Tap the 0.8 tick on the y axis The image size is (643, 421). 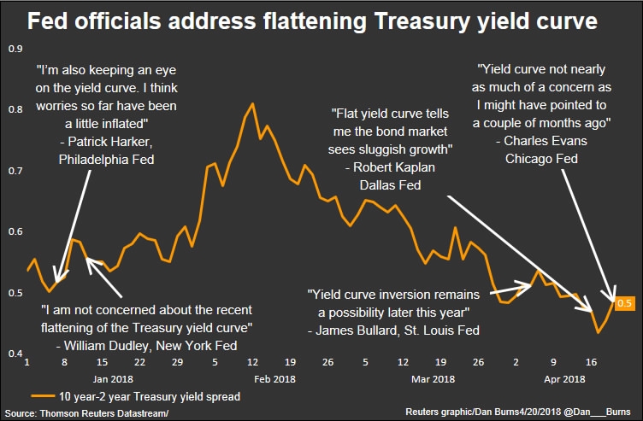(15, 109)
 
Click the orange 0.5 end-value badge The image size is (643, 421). (624, 303)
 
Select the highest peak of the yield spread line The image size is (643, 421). (252, 103)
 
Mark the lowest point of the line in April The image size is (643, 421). (598, 331)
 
